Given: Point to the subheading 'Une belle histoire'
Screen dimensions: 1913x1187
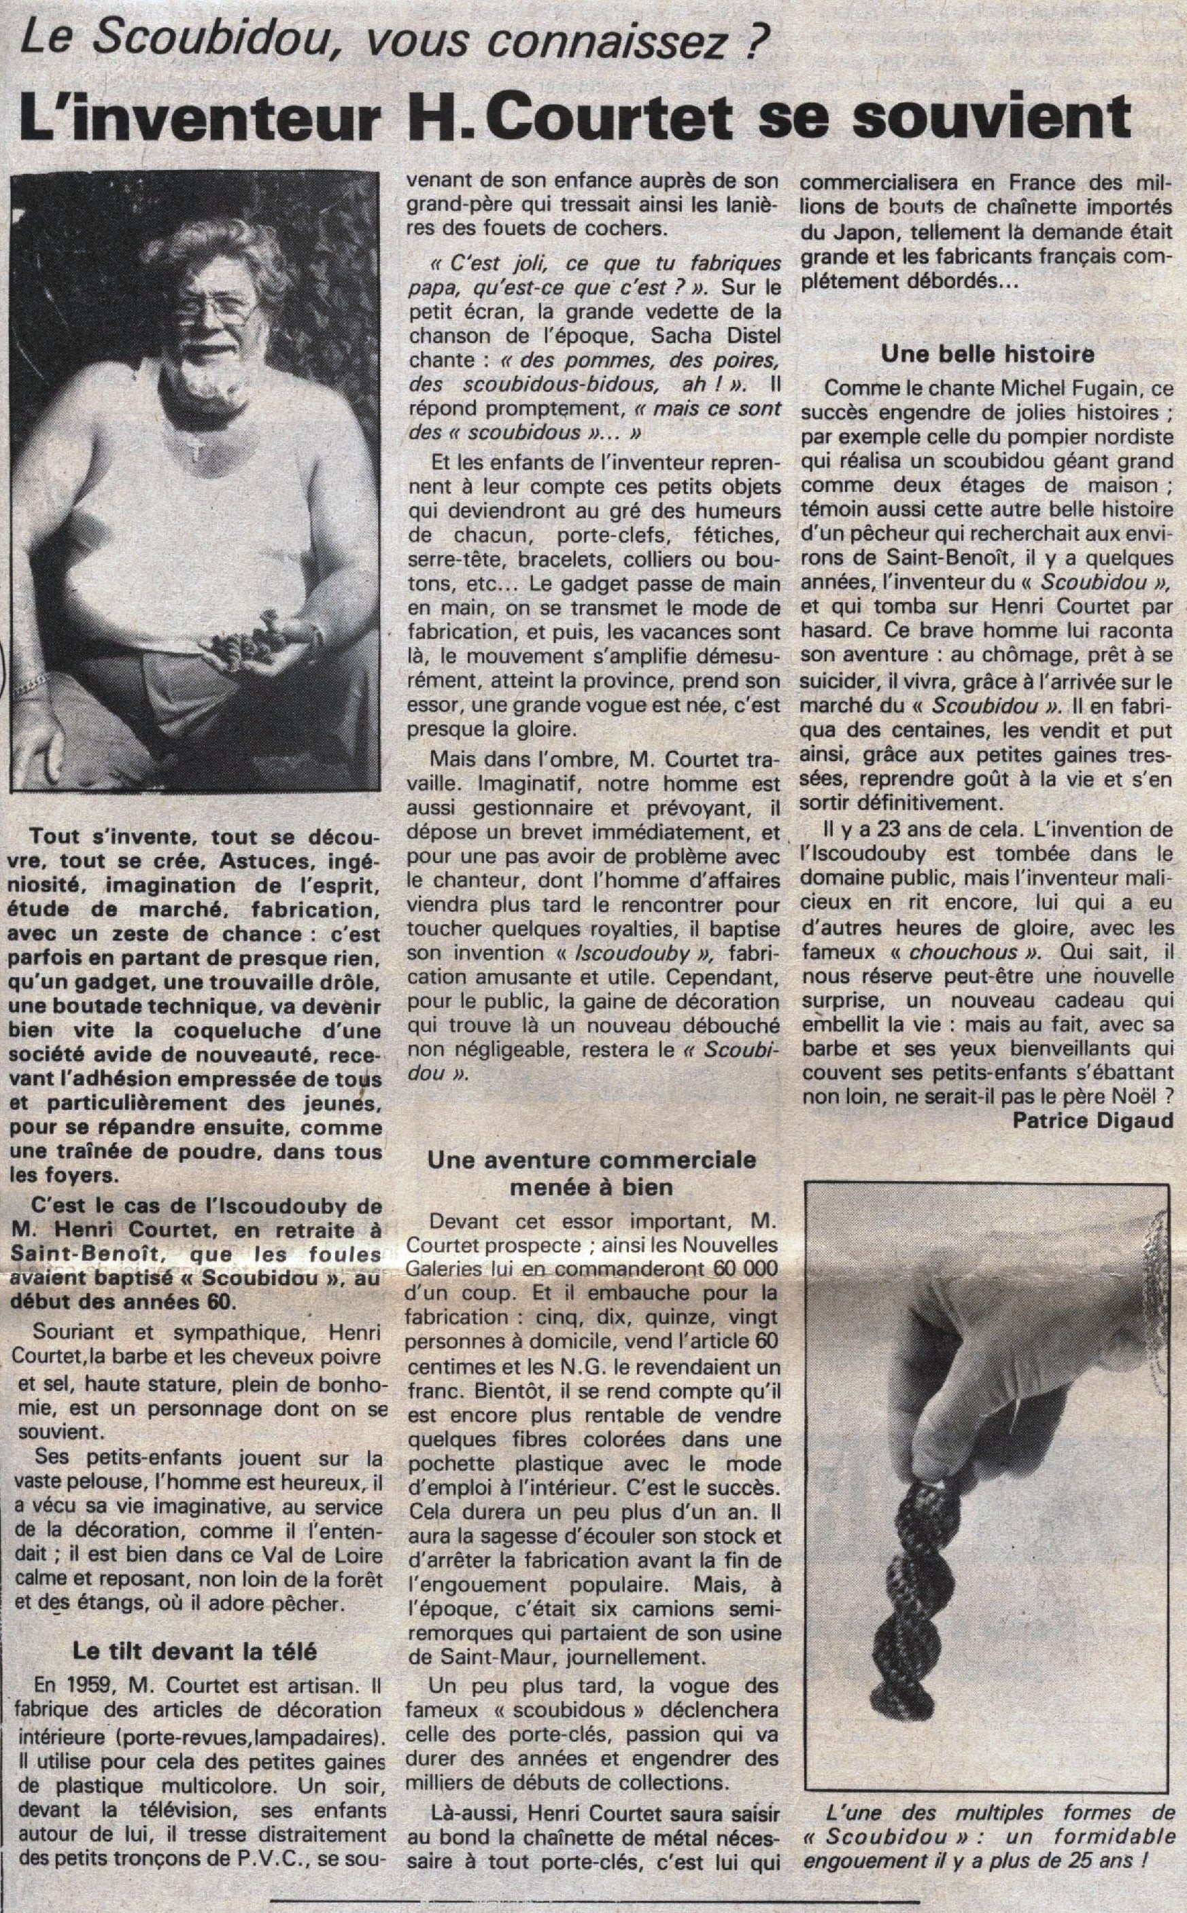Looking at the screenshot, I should point(988,354).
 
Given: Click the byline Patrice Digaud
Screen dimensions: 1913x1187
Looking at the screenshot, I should point(1092,1120).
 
